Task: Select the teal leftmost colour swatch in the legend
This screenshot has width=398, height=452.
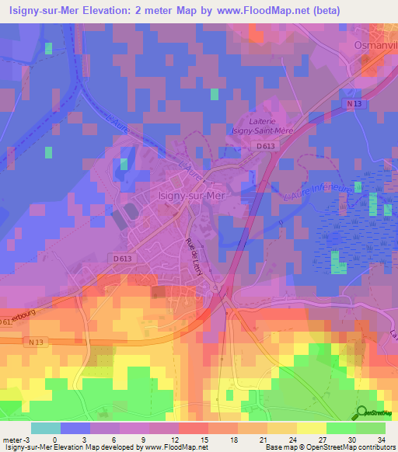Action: (x=45, y=427)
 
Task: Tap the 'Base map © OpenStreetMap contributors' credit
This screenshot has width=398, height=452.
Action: (x=330, y=447)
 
